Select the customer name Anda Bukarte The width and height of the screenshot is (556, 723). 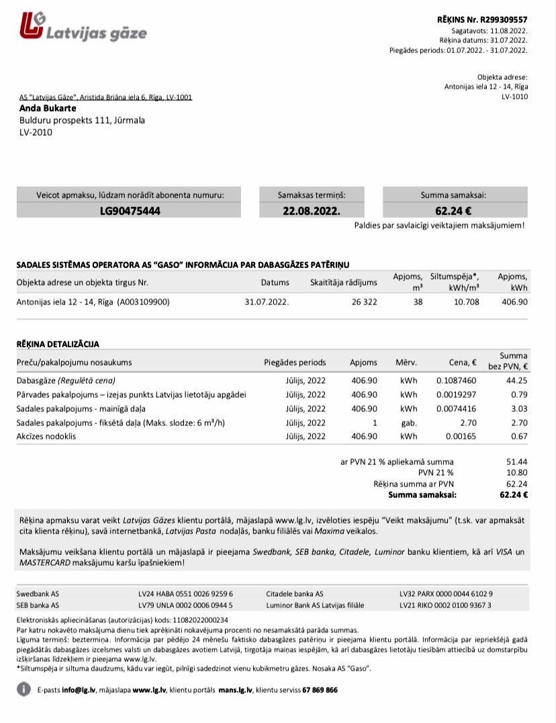point(48,108)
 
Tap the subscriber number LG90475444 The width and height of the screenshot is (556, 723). point(130,210)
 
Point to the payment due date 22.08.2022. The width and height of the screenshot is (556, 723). point(311,210)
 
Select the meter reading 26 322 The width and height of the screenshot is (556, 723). point(365,302)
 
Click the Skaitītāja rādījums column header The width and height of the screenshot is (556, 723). point(343,282)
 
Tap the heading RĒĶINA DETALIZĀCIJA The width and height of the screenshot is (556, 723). point(58,344)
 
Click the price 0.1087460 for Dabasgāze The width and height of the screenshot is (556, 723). point(456,380)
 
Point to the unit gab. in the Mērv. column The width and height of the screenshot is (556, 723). point(408,423)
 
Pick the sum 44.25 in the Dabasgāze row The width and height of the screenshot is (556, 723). point(518,380)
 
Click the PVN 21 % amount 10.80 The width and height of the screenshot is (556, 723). point(518,472)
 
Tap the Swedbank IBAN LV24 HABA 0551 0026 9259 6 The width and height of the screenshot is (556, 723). point(185,594)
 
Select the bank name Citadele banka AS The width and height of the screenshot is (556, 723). point(295,594)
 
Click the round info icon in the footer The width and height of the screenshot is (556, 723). point(24,689)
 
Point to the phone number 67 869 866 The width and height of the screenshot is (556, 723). point(320,690)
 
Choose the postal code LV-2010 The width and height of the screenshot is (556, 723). point(36,132)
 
